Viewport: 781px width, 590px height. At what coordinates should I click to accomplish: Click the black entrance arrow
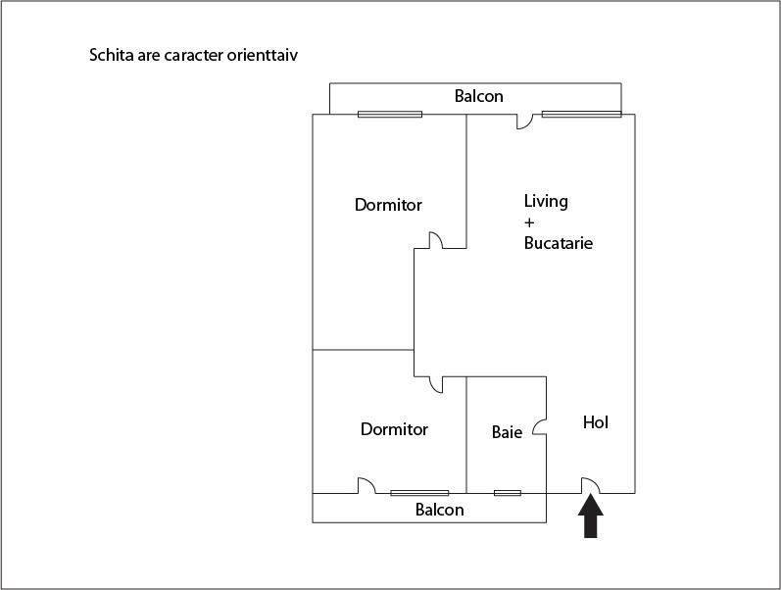tap(590, 516)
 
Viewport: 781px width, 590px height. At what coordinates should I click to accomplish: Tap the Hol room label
tap(596, 422)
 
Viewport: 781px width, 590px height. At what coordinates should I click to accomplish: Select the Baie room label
tap(507, 432)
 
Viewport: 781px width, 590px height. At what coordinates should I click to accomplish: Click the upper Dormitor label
tap(388, 205)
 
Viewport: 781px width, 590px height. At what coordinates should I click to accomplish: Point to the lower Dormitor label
tap(394, 429)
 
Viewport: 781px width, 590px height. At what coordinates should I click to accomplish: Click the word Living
tap(546, 202)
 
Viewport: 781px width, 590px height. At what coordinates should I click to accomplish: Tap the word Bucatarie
tap(559, 243)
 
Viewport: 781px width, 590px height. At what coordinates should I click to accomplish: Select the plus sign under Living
tap(529, 222)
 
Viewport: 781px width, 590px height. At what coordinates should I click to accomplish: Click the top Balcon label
tap(478, 96)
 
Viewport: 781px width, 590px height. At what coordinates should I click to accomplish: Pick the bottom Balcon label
tap(439, 510)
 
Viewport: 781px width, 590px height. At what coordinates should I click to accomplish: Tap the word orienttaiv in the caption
tap(263, 55)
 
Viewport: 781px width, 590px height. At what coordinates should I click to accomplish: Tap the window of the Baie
tap(508, 493)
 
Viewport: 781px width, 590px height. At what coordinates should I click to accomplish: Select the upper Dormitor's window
tap(390, 115)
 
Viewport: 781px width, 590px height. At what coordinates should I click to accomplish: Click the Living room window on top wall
tap(582, 115)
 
